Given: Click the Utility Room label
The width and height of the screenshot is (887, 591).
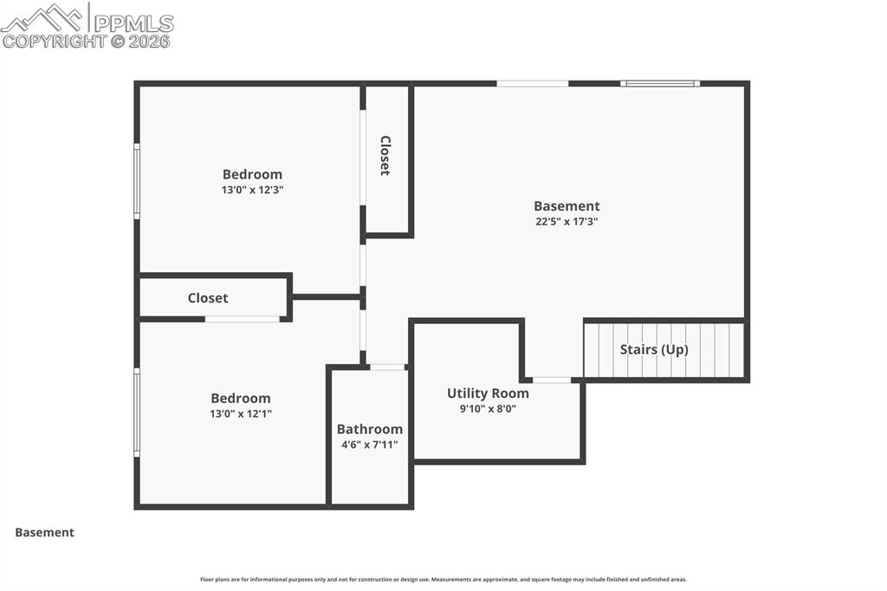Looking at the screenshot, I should [x=488, y=393].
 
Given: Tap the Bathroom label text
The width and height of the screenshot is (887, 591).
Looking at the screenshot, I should [x=370, y=429].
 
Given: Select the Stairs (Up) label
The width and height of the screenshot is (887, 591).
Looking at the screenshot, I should [x=654, y=350].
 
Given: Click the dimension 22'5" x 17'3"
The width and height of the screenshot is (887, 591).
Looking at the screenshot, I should [x=567, y=221].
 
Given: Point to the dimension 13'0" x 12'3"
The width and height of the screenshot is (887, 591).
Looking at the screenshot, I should [x=252, y=189].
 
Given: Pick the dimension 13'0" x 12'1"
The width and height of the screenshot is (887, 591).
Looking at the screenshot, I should [x=241, y=413].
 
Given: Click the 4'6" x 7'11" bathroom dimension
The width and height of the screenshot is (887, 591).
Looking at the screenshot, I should [x=370, y=445].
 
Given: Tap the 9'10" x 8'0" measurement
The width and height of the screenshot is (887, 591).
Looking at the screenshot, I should [x=488, y=409].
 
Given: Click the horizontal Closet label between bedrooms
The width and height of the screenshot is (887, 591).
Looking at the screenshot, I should [x=208, y=298].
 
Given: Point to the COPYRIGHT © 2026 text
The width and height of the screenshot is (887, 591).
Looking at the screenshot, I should [x=87, y=41].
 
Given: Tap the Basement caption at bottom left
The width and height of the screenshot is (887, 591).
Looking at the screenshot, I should [x=44, y=533].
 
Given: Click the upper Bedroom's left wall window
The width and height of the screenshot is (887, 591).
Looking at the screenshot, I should [x=137, y=180].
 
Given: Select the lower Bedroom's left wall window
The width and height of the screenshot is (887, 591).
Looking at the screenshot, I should [x=137, y=412].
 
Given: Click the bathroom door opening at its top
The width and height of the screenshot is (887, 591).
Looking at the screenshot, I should [x=387, y=367].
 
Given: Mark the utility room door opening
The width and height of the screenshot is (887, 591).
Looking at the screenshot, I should [x=552, y=380].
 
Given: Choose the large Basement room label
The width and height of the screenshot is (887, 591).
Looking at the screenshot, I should [x=567, y=206].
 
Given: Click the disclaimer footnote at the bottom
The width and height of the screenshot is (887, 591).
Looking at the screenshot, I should [x=443, y=580].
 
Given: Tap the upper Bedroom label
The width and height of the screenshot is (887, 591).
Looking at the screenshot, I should [x=252, y=174].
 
